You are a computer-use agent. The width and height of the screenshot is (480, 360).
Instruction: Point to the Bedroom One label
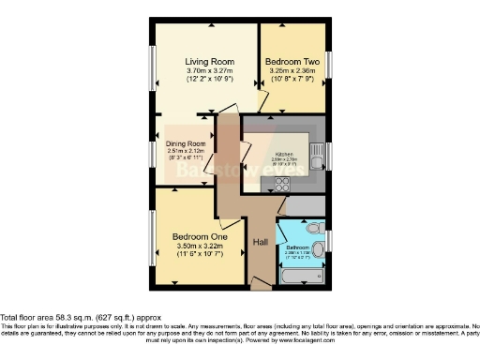tap(195, 236)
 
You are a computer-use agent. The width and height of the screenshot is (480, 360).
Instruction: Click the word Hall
tap(262, 242)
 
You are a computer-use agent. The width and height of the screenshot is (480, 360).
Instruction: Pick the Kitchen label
tap(284, 154)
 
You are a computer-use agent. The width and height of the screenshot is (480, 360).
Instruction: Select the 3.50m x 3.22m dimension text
tap(195, 247)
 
